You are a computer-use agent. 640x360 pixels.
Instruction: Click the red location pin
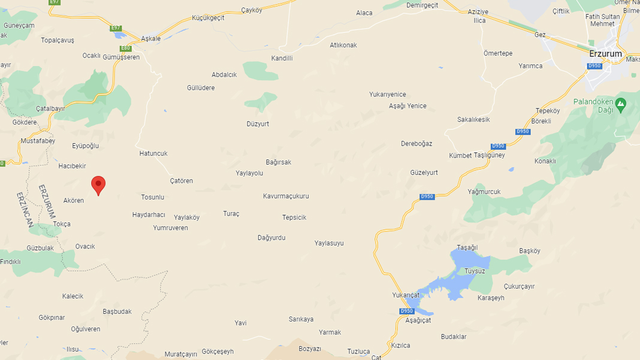pyautogui.click(x=98, y=184)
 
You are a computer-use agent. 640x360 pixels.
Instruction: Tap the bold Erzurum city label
pyautogui.click(x=605, y=53)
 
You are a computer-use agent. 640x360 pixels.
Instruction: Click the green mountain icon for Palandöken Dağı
pyautogui.click(x=621, y=106)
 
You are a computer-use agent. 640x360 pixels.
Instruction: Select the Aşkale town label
pyautogui.click(x=150, y=38)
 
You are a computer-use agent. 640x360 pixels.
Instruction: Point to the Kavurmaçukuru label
pyautogui.click(x=286, y=196)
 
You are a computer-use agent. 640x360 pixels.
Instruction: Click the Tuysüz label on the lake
pyautogui.click(x=475, y=271)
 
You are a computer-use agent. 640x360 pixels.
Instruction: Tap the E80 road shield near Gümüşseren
pyautogui.click(x=125, y=48)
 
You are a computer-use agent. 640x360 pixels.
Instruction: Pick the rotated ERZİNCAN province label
pyautogui.click(x=25, y=210)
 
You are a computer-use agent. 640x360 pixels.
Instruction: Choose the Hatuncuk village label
pyautogui.click(x=153, y=153)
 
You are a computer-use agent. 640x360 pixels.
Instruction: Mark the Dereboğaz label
pyautogui.click(x=416, y=144)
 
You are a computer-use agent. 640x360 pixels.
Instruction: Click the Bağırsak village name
pyautogui.click(x=278, y=162)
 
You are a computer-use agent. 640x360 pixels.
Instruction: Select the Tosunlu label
pyautogui.click(x=152, y=197)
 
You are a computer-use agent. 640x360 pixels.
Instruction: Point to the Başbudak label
pyautogui.click(x=117, y=311)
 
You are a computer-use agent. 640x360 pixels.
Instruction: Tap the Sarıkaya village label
pyautogui.click(x=301, y=319)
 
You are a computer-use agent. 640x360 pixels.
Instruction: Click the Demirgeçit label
pyautogui.click(x=422, y=5)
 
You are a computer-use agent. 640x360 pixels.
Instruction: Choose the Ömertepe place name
pyautogui.click(x=498, y=53)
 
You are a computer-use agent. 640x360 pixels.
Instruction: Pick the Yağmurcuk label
pyautogui.click(x=484, y=192)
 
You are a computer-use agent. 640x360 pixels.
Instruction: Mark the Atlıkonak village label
pyautogui.click(x=343, y=45)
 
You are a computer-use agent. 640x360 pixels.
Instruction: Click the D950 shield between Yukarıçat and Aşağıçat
pyautogui.click(x=406, y=311)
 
